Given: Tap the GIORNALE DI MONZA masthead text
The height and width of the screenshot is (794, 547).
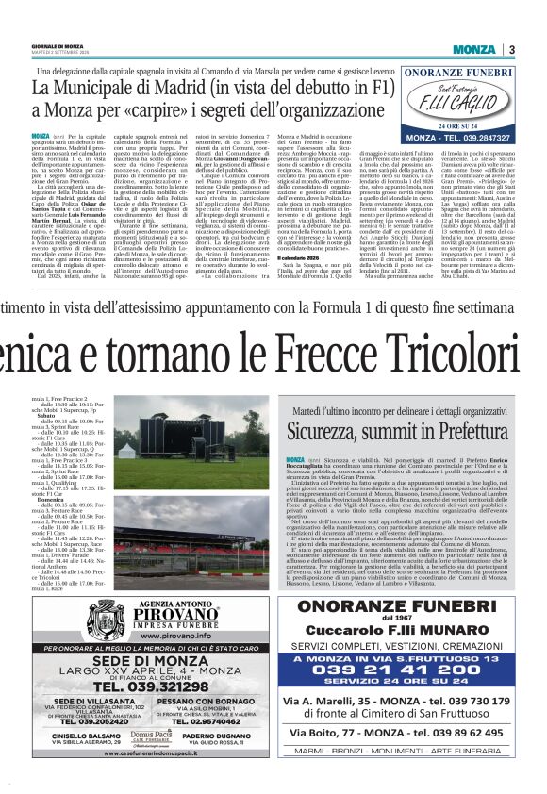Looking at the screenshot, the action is (60, 46).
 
